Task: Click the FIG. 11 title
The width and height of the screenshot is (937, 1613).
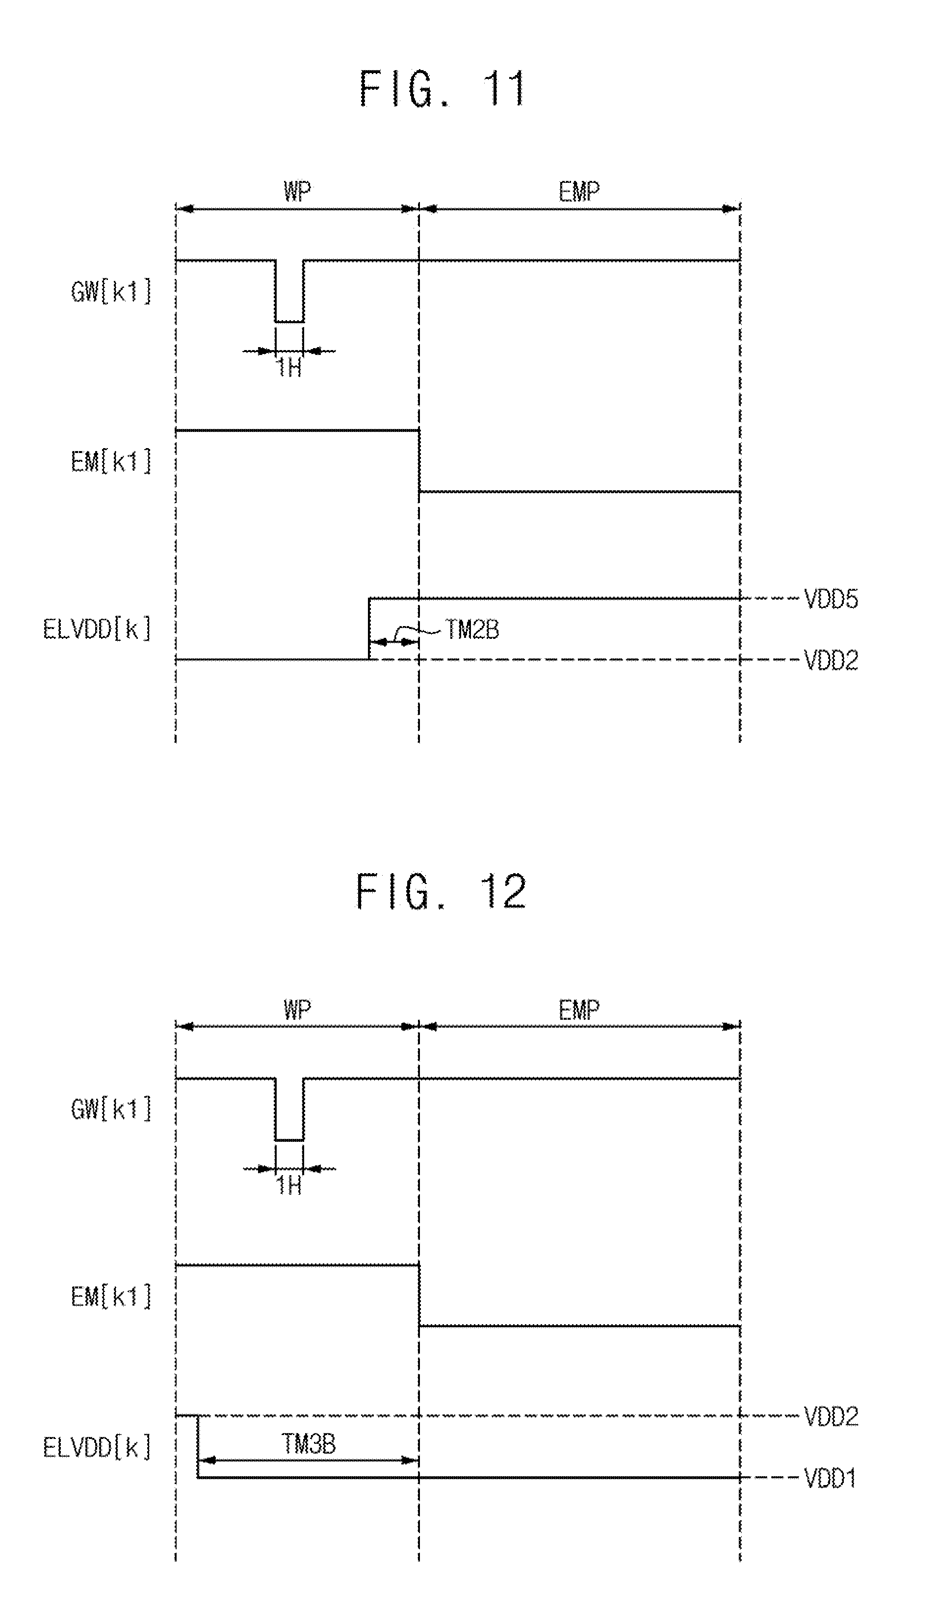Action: pyautogui.click(x=442, y=88)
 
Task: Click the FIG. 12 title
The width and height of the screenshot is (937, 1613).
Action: pyautogui.click(x=442, y=892)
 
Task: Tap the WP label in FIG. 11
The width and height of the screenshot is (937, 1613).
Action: pyautogui.click(x=297, y=191)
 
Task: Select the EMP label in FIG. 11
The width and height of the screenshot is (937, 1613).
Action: pyautogui.click(x=579, y=191)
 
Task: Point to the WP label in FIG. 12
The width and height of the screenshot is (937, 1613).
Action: pyautogui.click(x=297, y=1010)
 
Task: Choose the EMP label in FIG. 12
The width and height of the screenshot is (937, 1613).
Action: pyautogui.click(x=579, y=1010)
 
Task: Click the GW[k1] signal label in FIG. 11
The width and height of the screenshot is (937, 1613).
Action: pyautogui.click(x=111, y=292)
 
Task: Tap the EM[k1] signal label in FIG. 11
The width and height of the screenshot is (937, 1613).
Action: pyautogui.click(x=111, y=461)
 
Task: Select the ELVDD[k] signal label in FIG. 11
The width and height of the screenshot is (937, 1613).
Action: pyautogui.click(x=97, y=629)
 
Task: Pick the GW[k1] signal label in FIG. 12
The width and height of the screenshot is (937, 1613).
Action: pyautogui.click(x=111, y=1109)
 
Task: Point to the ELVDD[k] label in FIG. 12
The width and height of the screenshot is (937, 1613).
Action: pyautogui.click(x=97, y=1447)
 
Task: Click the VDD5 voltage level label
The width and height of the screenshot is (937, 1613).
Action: pyautogui.click(x=831, y=600)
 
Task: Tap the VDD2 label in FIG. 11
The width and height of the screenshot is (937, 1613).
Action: pyautogui.click(x=831, y=660)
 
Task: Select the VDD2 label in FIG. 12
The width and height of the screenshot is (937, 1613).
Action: pyautogui.click(x=831, y=1416)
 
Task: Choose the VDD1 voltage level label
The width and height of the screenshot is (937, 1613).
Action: pyautogui.click(x=830, y=1478)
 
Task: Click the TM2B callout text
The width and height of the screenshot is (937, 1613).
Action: pyautogui.click(x=472, y=630)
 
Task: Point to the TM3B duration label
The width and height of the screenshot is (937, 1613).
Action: pyautogui.click(x=309, y=1444)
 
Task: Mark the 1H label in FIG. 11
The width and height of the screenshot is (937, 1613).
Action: pyautogui.click(x=289, y=368)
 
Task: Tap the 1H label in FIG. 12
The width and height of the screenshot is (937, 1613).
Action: pyautogui.click(x=289, y=1186)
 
